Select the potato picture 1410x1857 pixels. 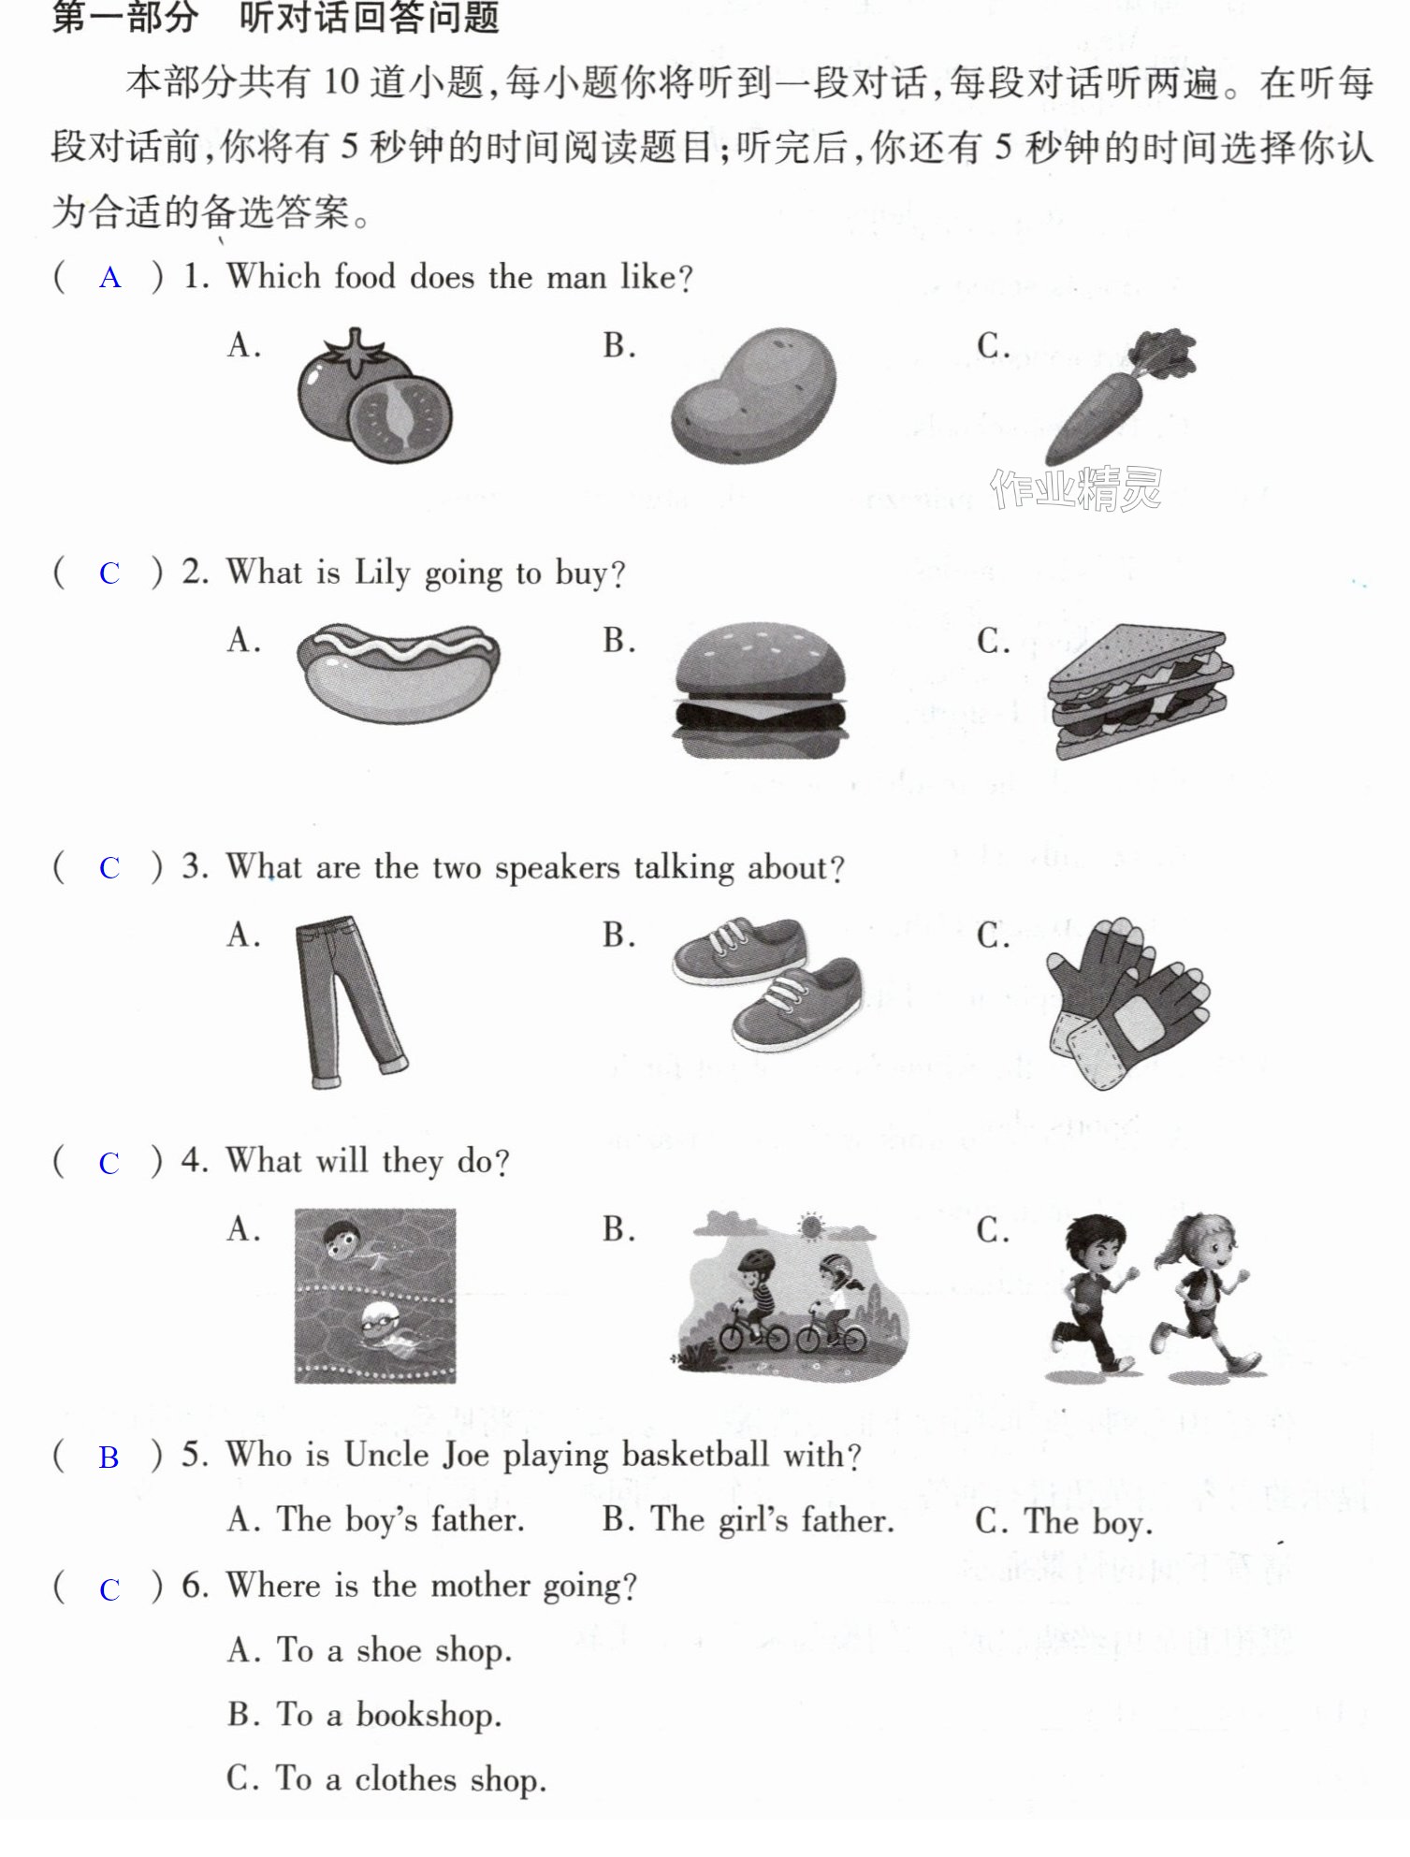point(753,395)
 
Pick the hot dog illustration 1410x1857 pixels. point(398,671)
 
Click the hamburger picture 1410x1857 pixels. point(760,690)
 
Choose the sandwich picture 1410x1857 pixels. point(1141,691)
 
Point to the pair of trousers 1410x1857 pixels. point(348,1002)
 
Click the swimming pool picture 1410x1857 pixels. point(375,1296)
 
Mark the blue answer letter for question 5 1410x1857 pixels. point(109,1458)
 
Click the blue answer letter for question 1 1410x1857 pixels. point(109,278)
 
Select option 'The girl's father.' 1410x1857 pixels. point(749,1520)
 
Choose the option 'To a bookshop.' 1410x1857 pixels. point(365,1715)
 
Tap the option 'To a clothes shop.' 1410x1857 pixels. point(386,1778)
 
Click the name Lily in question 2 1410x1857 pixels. point(382,573)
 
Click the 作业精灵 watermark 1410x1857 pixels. point(1076,488)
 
